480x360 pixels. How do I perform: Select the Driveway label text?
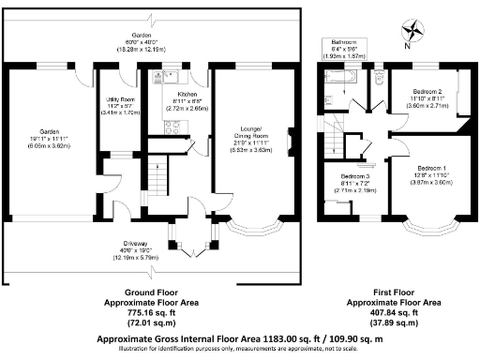point(152,247)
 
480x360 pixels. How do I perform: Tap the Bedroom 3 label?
point(352,176)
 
